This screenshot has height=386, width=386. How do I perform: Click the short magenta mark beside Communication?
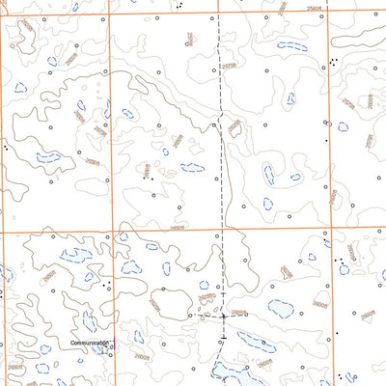pos(111,343)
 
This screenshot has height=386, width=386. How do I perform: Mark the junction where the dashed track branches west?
pos(224,315)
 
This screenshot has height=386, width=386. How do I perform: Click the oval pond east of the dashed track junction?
pos(281,309)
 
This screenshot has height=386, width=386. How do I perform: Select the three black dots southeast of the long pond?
pos(333,61)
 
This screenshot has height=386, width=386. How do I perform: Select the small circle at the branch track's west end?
pos(189,316)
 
